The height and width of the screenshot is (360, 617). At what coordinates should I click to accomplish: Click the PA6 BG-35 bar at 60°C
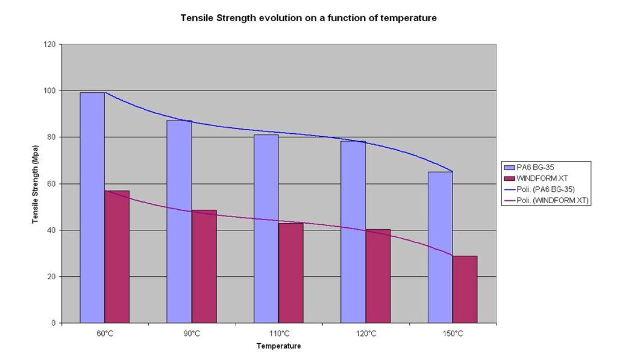pyautogui.click(x=92, y=207)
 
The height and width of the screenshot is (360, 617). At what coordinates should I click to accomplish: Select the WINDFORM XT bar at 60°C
pyautogui.click(x=117, y=257)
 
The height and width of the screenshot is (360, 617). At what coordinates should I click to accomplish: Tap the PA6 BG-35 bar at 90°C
pyautogui.click(x=179, y=221)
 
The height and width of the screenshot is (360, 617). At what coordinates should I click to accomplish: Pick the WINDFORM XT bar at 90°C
pyautogui.click(x=204, y=267)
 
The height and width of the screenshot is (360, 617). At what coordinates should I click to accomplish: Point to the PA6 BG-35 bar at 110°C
pyautogui.click(x=266, y=229)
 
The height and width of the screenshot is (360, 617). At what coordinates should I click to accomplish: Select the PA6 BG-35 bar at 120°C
pyautogui.click(x=353, y=232)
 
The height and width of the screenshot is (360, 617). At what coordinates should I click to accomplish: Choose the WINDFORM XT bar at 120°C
pyautogui.click(x=378, y=276)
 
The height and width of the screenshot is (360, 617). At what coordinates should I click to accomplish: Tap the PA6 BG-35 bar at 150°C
pyautogui.click(x=440, y=247)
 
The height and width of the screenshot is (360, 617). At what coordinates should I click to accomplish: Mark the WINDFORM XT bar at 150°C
pyautogui.click(x=465, y=289)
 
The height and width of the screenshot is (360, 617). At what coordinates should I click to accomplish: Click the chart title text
pyautogui.click(x=308, y=18)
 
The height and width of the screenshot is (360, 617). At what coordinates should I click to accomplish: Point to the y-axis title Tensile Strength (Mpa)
pyautogui.click(x=36, y=183)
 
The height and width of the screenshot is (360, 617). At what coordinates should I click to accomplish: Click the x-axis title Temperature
pyautogui.click(x=278, y=346)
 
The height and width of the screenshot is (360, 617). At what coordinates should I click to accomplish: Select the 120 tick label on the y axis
pyautogui.click(x=49, y=45)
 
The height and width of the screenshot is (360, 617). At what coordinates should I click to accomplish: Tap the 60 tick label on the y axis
pyautogui.click(x=51, y=184)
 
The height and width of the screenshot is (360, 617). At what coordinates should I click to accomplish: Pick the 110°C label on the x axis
pyautogui.click(x=278, y=333)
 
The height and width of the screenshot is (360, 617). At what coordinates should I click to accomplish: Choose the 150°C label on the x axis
pyautogui.click(x=453, y=333)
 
